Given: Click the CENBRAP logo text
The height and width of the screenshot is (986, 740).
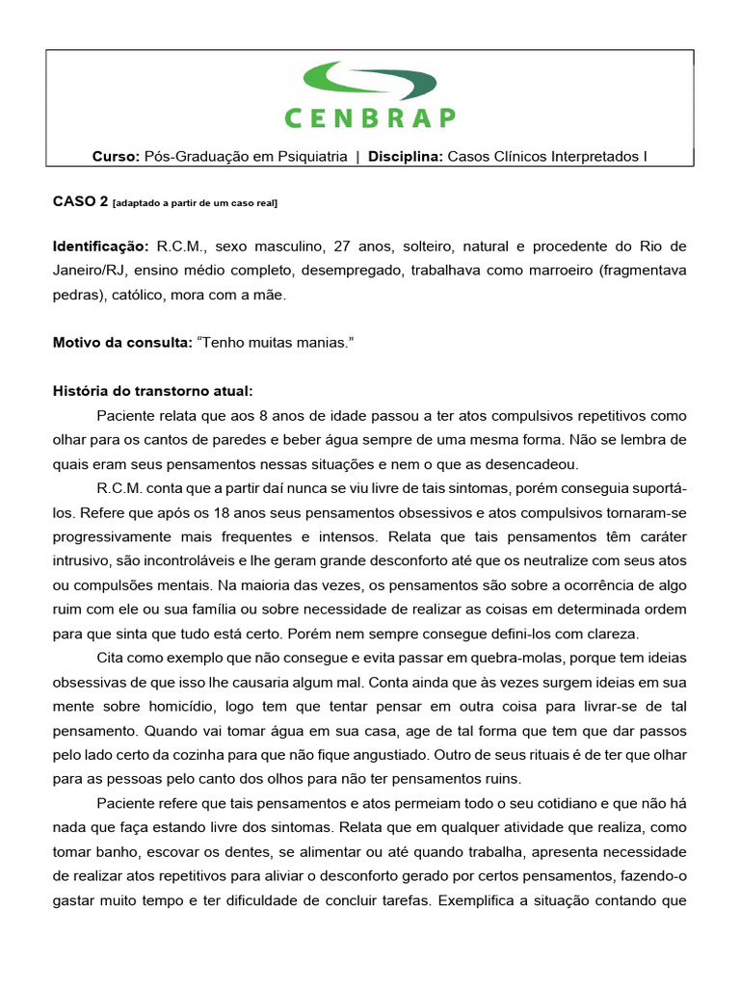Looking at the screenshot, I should click(370, 117).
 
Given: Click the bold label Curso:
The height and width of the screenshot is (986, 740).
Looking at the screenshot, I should click(116, 156).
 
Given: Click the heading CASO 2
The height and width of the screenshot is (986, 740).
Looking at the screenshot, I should click(79, 201).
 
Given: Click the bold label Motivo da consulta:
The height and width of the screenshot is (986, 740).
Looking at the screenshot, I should click(120, 342).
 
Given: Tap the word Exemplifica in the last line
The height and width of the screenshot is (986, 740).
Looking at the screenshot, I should click(484, 901).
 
